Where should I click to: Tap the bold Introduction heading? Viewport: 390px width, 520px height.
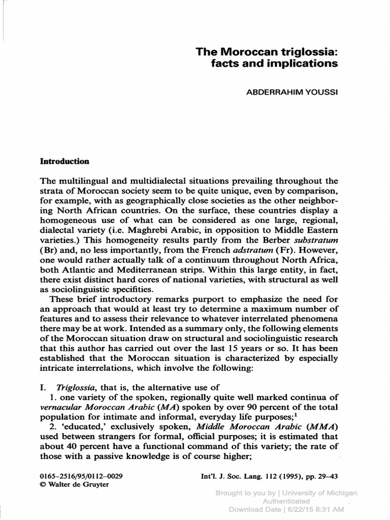click(x=64, y=161)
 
